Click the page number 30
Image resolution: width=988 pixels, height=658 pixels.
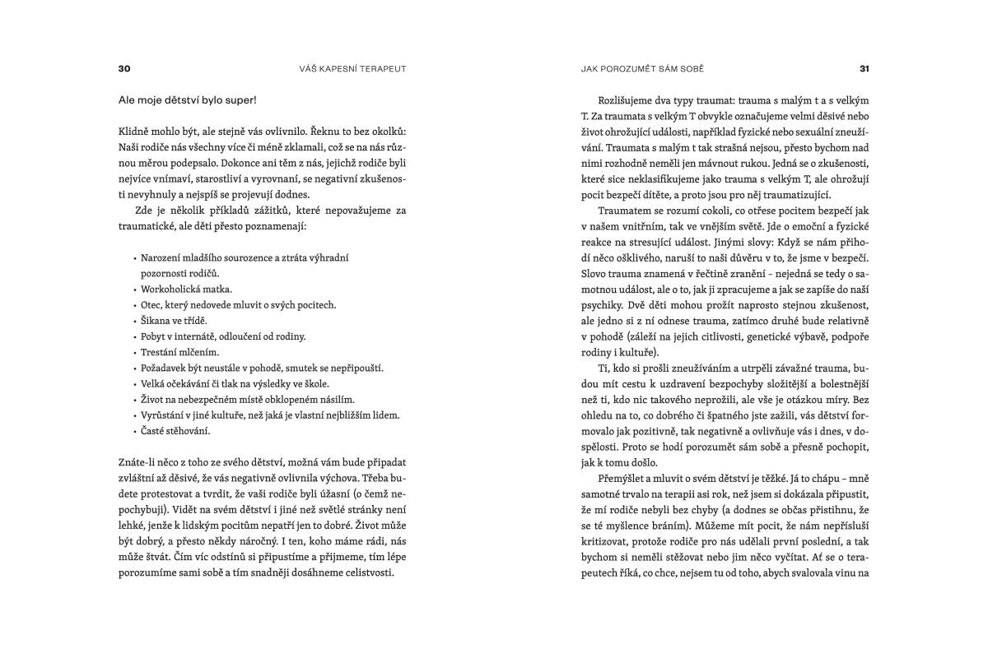pos(125,68)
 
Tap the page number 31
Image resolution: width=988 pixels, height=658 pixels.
pos(864,68)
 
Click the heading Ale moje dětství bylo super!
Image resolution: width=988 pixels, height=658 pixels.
pos(187,100)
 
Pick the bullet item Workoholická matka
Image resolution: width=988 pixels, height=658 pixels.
pos(186,289)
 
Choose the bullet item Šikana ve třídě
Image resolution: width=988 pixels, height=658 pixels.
pos(174,320)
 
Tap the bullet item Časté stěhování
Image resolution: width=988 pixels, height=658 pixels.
pos(175,430)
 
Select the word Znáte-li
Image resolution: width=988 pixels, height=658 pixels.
pos(139,462)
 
